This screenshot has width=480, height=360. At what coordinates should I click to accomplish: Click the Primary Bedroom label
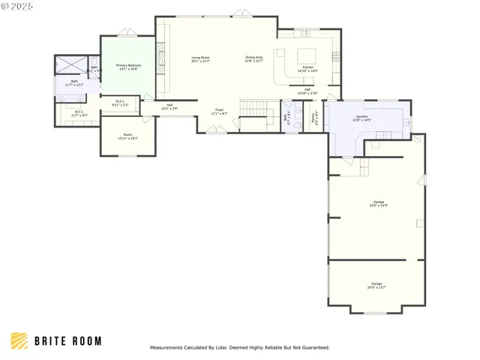(x=127, y=67)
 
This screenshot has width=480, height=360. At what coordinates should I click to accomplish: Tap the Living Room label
(x=200, y=59)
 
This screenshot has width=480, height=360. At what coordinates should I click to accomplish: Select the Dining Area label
(x=253, y=59)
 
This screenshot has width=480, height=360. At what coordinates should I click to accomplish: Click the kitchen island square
(x=307, y=55)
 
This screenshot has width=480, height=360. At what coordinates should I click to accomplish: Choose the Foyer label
(x=220, y=112)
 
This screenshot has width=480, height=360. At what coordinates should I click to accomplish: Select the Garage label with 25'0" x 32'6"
(x=378, y=203)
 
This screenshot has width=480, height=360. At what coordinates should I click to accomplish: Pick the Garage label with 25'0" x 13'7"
(x=376, y=285)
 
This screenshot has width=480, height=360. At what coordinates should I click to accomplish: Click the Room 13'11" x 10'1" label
(x=127, y=137)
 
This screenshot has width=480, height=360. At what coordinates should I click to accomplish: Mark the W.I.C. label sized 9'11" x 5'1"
(x=120, y=103)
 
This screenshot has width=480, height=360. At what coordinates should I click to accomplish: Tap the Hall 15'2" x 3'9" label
(x=169, y=107)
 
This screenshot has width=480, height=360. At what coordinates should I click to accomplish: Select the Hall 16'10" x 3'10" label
(x=307, y=91)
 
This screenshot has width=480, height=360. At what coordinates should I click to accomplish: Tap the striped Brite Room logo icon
(x=19, y=341)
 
